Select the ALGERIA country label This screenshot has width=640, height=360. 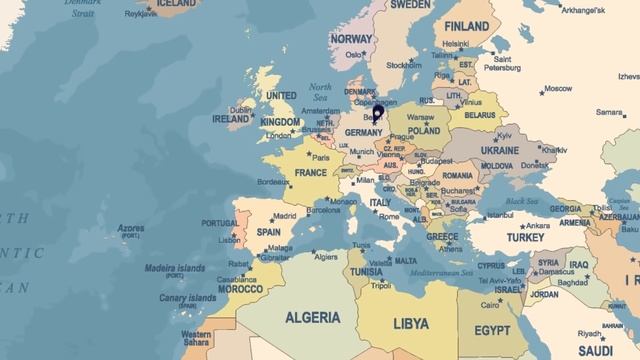coord(313,318)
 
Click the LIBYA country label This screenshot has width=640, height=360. coord(411,324)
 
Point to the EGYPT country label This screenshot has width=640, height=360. coord(492,330)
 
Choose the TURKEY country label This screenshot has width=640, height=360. coord(524,238)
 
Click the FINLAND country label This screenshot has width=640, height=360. coord(466,26)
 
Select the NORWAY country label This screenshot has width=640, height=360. coord(351,38)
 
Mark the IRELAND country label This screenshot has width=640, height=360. coord(231,119)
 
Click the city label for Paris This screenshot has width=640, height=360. coord(321,157)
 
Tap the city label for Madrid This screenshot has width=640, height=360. coord(284,215)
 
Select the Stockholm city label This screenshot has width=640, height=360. coord(403,65)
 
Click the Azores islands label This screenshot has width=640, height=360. coord(131,228)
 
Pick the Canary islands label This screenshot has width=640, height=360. coord(187,298)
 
